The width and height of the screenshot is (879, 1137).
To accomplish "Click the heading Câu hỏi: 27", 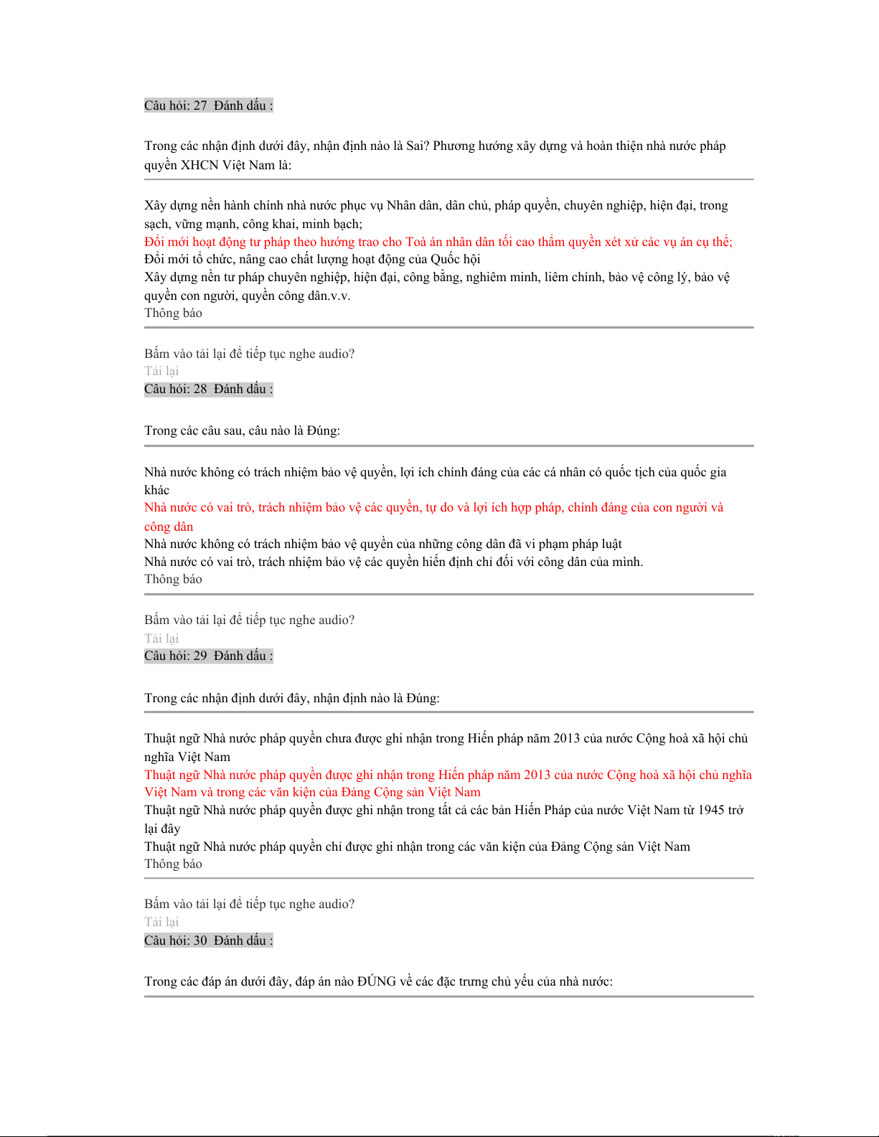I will [176, 105].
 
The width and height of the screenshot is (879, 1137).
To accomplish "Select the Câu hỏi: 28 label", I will [176, 389].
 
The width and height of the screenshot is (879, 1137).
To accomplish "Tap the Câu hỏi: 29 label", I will [176, 656].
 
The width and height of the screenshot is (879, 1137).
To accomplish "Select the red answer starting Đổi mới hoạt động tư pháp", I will [438, 242].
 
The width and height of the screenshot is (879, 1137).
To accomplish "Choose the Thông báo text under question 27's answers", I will [173, 313].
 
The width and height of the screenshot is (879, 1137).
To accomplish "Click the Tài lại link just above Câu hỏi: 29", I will [161, 638].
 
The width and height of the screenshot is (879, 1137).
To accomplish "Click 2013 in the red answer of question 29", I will [537, 775].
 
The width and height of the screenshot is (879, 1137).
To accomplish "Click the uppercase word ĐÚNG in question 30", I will [376, 981].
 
